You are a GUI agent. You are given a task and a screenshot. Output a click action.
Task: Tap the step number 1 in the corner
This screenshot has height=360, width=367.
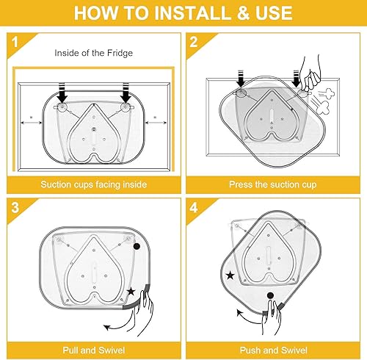[15, 42]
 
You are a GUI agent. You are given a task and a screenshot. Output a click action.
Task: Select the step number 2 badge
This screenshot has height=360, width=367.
[194, 42]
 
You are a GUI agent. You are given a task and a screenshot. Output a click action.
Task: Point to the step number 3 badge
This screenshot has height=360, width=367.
[15, 207]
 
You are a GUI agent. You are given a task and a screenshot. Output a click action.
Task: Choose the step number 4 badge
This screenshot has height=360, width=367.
[194, 207]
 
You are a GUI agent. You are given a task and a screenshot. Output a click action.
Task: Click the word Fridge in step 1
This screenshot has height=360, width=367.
[120, 53]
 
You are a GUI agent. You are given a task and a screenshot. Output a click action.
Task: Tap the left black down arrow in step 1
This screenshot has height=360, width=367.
[62, 93]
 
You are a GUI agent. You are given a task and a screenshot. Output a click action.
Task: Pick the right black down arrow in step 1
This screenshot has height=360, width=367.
[126, 93]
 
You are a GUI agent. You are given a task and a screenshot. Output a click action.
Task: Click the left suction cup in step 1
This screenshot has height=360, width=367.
[62, 107]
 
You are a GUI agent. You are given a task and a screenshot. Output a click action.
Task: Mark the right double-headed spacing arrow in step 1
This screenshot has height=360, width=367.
[156, 123]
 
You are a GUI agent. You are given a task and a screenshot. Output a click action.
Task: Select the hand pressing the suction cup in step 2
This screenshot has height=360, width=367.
[310, 75]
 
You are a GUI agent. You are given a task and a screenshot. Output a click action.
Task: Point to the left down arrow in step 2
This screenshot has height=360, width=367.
[241, 79]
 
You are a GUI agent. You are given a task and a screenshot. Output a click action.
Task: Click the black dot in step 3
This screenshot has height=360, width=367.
[137, 246]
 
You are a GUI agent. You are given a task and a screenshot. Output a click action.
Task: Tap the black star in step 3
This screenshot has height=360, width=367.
[131, 292]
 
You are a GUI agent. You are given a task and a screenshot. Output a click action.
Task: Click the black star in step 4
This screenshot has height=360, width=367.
[230, 276]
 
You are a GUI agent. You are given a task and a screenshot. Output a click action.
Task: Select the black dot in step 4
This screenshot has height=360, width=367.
[270, 295]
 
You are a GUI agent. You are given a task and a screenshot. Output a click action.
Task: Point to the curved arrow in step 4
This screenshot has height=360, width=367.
[247, 318]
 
